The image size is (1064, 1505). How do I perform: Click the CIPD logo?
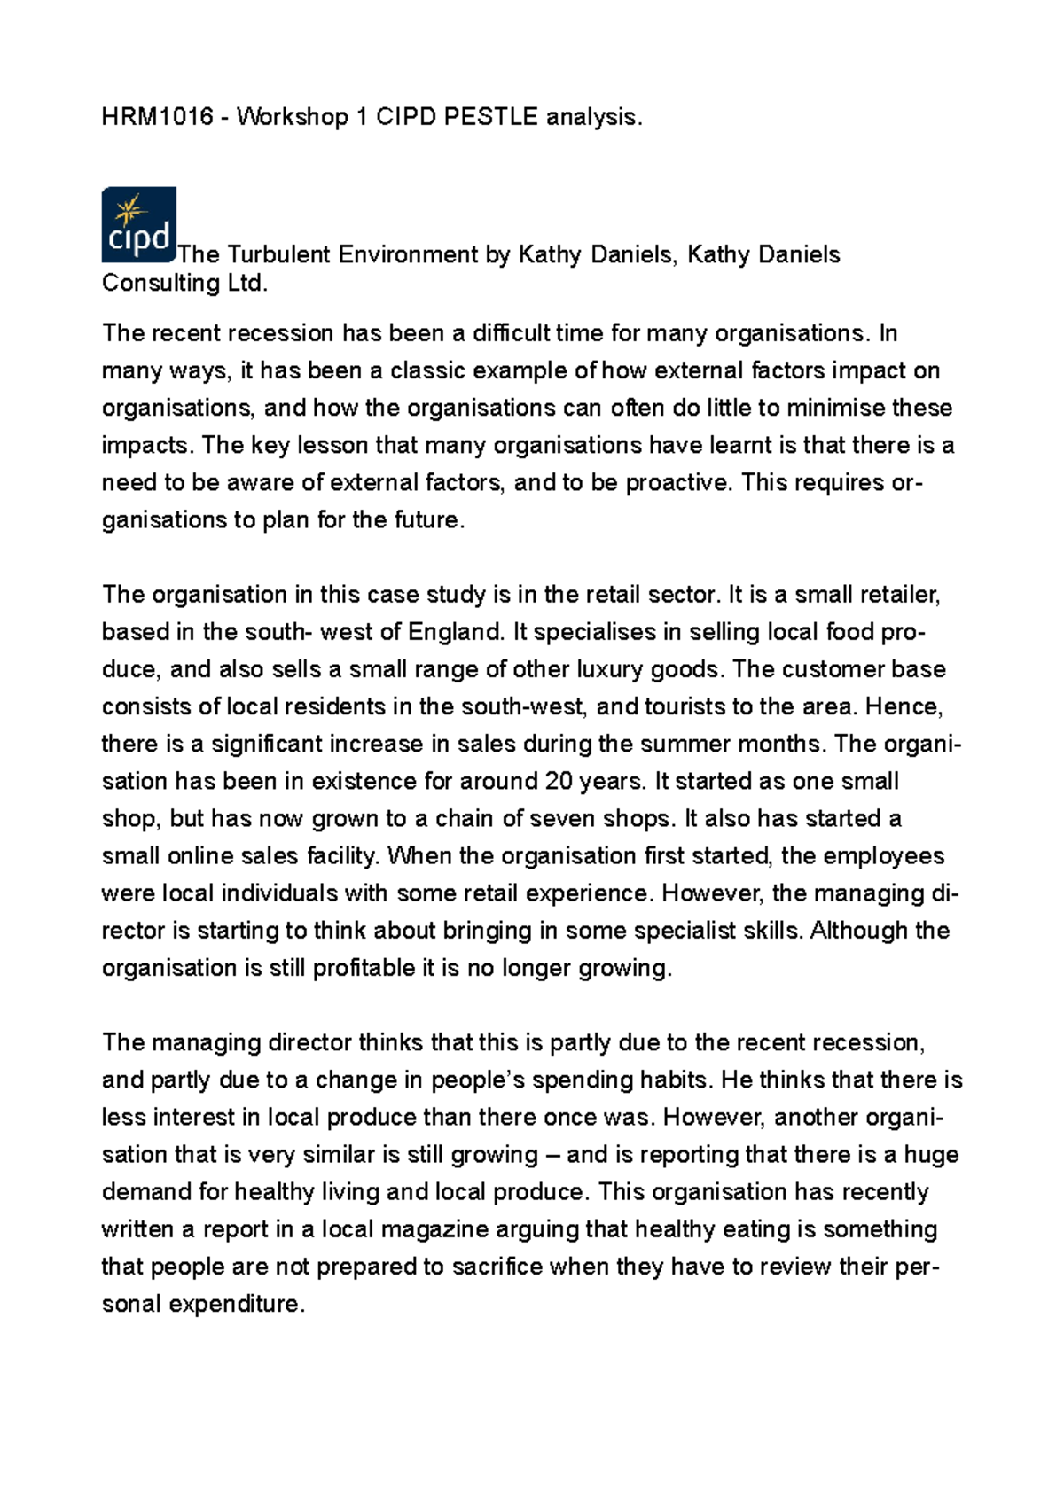tap(138, 224)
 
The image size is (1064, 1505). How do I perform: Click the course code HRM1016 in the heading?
tap(158, 117)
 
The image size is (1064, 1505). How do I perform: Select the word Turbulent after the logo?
tap(278, 255)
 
